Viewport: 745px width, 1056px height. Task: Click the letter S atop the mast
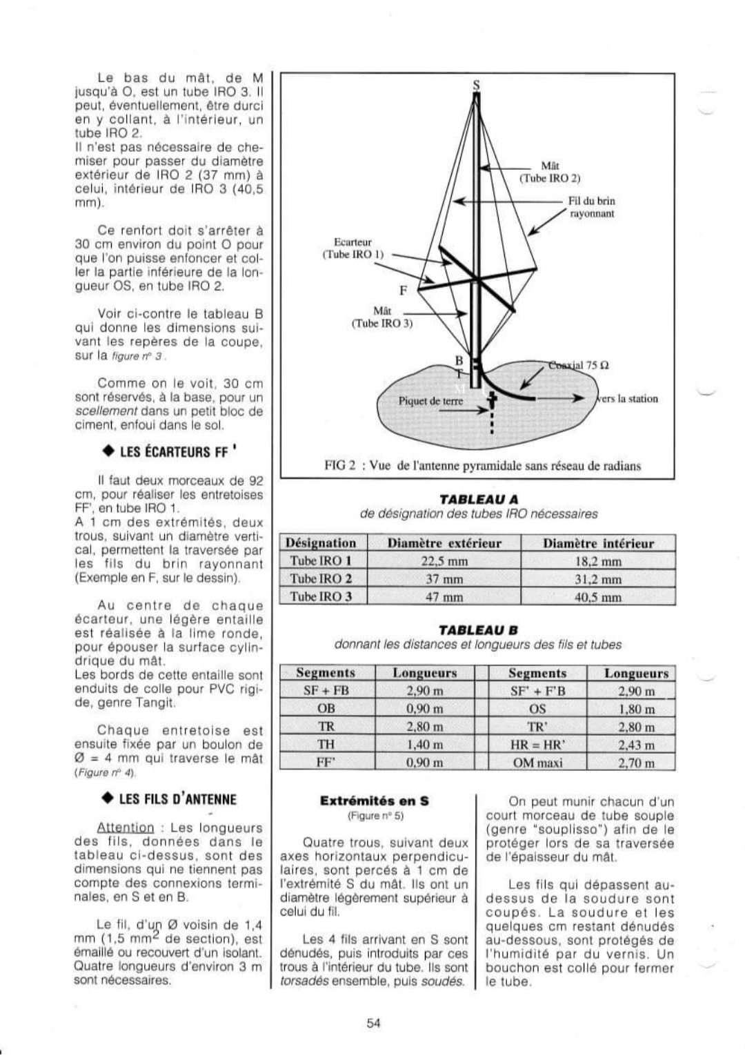(x=475, y=85)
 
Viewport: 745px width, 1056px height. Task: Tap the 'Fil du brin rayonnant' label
(x=591, y=207)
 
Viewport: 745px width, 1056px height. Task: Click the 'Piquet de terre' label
(x=431, y=402)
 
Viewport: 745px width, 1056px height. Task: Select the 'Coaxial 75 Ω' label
(x=578, y=365)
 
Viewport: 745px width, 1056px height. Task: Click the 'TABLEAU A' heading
(x=479, y=499)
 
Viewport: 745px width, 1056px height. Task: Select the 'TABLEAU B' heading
(x=479, y=629)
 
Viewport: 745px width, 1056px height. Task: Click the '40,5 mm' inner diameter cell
(x=597, y=597)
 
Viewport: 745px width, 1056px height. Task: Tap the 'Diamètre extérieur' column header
(x=444, y=543)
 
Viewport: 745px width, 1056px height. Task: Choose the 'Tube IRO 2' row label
(x=321, y=579)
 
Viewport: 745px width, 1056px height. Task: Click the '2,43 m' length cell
(x=635, y=745)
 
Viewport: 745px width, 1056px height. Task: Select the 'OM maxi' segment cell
(x=537, y=763)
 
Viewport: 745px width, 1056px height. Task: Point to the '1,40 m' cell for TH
(x=424, y=745)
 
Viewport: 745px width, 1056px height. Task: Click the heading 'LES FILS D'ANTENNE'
(x=170, y=799)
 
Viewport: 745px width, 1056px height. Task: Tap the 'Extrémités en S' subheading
(x=375, y=801)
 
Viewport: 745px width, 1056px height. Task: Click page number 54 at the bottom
(x=374, y=1024)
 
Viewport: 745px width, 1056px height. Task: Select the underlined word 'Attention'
(x=126, y=828)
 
